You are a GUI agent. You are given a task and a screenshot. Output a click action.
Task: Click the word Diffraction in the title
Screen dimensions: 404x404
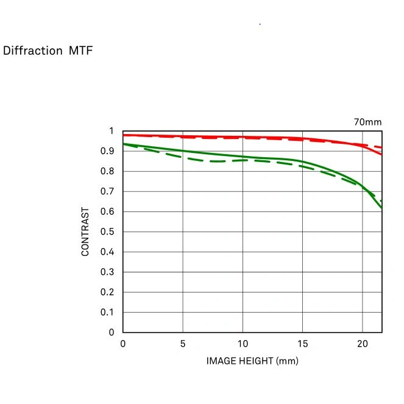33,51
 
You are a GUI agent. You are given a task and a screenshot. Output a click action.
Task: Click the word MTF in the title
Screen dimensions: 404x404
80,51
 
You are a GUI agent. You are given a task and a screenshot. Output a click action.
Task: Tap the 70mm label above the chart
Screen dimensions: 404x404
367,122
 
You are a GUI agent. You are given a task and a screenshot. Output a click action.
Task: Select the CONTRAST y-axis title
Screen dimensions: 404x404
86,232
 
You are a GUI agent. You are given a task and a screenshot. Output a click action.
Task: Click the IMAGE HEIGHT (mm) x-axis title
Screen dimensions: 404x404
252,361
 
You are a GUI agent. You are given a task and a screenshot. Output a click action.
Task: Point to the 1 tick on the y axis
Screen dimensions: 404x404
111,131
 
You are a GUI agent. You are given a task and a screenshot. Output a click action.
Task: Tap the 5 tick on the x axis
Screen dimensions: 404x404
183,344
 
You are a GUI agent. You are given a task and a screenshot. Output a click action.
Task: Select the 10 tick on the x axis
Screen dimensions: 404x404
243,344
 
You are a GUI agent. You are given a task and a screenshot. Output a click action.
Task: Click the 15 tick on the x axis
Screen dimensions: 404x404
302,344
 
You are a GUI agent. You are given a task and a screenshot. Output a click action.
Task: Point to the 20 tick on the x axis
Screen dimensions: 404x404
362,344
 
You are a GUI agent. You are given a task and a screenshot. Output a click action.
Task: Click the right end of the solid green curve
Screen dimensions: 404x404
382,208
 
